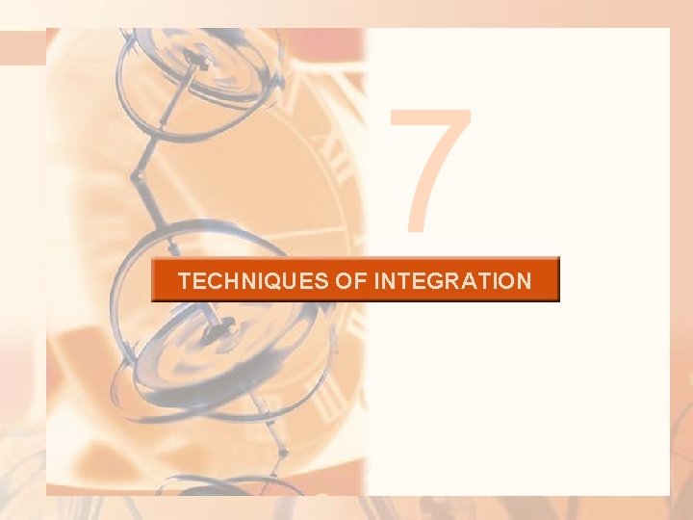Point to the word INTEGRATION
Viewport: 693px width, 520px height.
[451, 281]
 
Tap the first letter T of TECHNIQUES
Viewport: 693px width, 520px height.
[185, 281]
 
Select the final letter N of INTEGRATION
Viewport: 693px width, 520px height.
[523, 281]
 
